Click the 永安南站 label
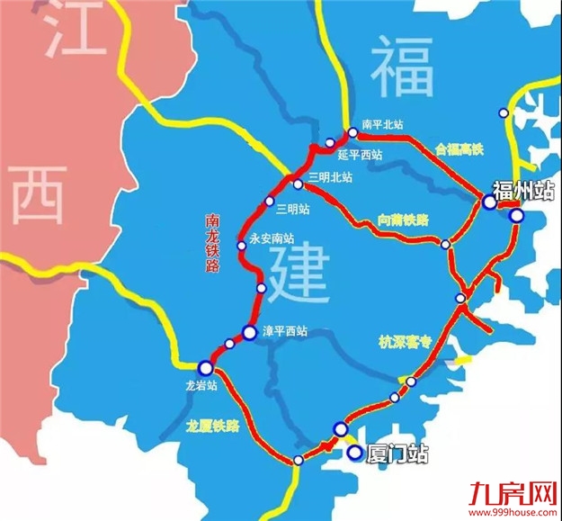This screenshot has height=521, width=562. (x=272, y=239)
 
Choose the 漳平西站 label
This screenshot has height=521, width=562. (x=284, y=331)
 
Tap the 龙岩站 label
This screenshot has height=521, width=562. (x=196, y=384)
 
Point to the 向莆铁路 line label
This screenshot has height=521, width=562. (x=404, y=220)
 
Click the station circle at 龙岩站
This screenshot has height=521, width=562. (x=206, y=366)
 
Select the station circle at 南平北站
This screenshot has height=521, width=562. (x=352, y=132)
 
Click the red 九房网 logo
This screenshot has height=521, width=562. (x=507, y=493)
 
